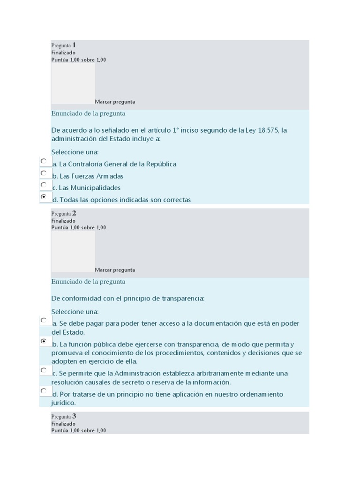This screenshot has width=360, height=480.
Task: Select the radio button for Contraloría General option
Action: [x=44, y=161]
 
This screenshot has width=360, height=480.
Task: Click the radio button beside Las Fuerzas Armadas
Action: [x=44, y=173]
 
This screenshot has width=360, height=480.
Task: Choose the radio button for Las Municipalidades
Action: [x=44, y=185]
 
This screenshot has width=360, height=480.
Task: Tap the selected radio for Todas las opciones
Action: [x=44, y=197]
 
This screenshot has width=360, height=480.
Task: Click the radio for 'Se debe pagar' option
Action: [x=44, y=321]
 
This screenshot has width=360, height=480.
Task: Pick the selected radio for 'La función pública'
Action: [x=44, y=341]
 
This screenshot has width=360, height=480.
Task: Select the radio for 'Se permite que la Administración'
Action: [x=44, y=370]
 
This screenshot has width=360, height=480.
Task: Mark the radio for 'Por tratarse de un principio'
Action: [x=44, y=391]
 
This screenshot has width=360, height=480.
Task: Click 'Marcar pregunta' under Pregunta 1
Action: [x=115, y=102]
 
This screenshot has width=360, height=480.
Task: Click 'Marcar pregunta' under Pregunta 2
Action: [x=115, y=270]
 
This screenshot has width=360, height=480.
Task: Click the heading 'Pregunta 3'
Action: [x=64, y=416]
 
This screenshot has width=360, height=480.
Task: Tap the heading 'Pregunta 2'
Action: [x=64, y=213]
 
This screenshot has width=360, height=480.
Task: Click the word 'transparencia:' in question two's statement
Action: [x=183, y=299]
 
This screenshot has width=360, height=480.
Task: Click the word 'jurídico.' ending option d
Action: [x=63, y=403]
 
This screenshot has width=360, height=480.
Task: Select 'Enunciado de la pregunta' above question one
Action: [x=88, y=113]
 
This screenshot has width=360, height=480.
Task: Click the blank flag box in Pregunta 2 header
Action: [x=73, y=251]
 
